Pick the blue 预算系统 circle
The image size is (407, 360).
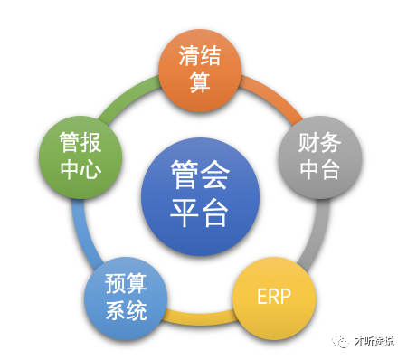pyautogui.click(x=126, y=298)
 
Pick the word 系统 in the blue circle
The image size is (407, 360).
pyautogui.click(x=126, y=312)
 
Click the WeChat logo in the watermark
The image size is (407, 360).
pyautogui.click(x=340, y=338)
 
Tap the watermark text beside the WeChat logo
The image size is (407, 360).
pyautogui.click(x=374, y=338)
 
